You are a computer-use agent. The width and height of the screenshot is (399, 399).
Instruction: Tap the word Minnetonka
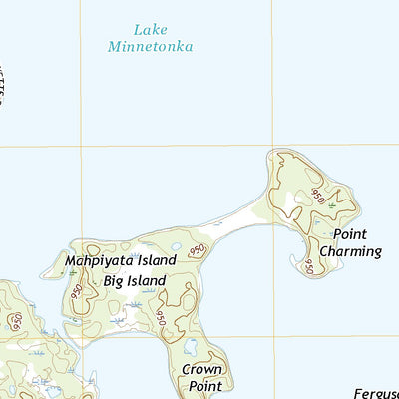pos(151,46)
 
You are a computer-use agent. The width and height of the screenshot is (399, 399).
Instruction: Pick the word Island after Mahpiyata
pos(158,261)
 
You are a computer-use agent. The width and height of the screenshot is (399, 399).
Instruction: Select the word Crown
pos(201,368)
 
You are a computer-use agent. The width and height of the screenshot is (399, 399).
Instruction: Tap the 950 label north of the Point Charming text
pos(317,194)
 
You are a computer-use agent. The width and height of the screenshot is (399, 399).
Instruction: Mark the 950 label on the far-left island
pos(15,321)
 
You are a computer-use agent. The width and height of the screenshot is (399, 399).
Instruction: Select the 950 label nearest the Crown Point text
pos(160,316)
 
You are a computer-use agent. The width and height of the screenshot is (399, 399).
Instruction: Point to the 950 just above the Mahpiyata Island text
pos(197,248)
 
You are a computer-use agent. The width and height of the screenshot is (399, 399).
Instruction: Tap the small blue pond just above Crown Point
pos(191,347)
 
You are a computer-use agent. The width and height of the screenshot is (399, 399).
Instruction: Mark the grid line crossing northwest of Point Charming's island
pos(272,147)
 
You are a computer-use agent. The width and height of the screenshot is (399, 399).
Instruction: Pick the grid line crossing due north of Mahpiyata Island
pos(81,147)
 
